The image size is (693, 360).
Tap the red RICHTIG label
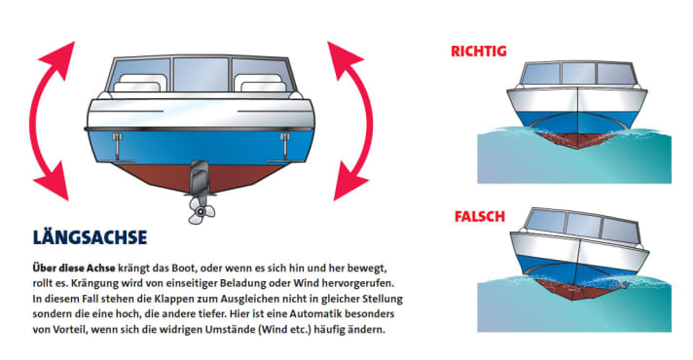pyautogui.click(x=479, y=51)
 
